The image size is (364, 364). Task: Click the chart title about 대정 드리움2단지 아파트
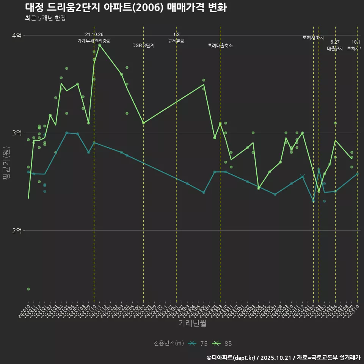[126, 8]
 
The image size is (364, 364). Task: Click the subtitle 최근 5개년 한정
[45, 18]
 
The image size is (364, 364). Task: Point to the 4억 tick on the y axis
[17, 35]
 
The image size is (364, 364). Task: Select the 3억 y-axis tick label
[17, 133]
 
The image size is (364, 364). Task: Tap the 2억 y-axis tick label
[17, 230]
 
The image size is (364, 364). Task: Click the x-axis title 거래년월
[192, 323]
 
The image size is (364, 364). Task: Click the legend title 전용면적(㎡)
[169, 344]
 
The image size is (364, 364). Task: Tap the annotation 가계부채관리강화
[94, 41]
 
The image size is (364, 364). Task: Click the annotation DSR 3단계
[143, 45]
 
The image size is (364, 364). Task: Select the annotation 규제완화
[176, 41]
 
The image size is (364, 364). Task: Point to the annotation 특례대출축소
[220, 45]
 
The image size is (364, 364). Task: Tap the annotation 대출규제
[335, 49]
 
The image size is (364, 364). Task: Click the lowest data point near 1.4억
[28, 289]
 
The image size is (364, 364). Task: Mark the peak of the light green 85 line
[99, 45]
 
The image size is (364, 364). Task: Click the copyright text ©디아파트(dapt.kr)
[231, 358]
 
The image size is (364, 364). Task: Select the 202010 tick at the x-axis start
[26, 309]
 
